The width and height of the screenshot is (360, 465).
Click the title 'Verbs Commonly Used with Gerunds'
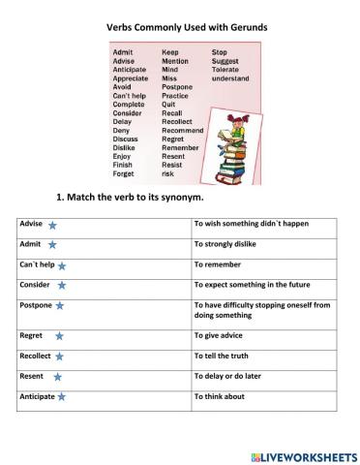pyautogui.click(x=180, y=29)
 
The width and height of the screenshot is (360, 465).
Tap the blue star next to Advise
pyautogui.click(x=51, y=224)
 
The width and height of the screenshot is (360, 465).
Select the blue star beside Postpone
pyautogui.click(x=59, y=306)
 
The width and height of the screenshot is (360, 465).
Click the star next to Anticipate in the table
pyautogui.click(x=61, y=397)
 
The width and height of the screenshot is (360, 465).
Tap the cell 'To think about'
pyautogui.click(x=220, y=396)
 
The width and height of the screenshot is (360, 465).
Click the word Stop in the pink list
pyautogui.click(x=220, y=52)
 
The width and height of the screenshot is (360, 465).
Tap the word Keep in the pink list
pyautogui.click(x=170, y=52)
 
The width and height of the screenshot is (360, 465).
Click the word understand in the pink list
pyautogui.click(x=230, y=78)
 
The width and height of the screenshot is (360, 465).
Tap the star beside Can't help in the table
pyautogui.click(x=62, y=265)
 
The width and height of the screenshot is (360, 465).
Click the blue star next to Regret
pyautogui.click(x=59, y=336)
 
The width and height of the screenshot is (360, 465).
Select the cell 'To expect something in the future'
pyautogui.click(x=251, y=285)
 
